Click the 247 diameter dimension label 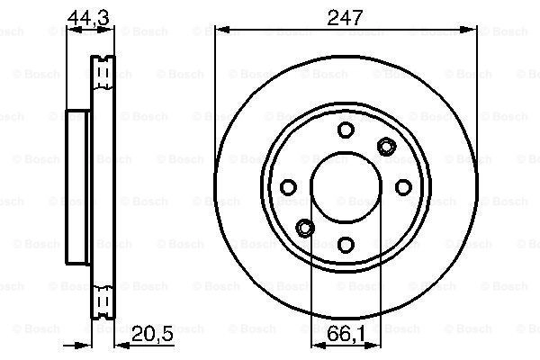tap(345, 18)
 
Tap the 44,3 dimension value tap(88, 18)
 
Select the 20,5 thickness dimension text tap(152, 334)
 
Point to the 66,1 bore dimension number tap(346, 334)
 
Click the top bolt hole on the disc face tap(346, 130)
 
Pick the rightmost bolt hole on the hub tap(403, 187)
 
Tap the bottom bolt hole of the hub tap(346, 245)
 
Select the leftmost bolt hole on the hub tap(288, 187)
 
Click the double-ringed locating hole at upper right tap(386, 147)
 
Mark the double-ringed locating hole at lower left tap(305, 228)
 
